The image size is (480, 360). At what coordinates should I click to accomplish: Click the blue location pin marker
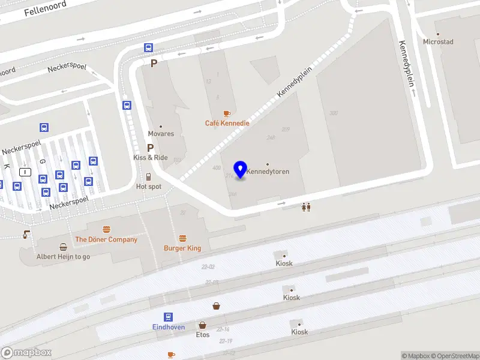(x=241, y=169)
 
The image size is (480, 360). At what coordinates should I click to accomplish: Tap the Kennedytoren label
(x=268, y=172)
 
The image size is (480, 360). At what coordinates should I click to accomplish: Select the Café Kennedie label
(x=227, y=123)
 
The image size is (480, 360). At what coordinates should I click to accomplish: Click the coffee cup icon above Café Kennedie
(x=227, y=113)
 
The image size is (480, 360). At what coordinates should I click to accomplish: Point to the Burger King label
(x=182, y=248)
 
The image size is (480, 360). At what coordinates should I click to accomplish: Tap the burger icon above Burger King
(x=182, y=238)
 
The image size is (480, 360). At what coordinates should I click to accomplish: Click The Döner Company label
(x=106, y=239)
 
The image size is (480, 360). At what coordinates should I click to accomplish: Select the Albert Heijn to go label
(x=63, y=256)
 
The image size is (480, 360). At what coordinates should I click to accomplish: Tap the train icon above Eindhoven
(x=168, y=317)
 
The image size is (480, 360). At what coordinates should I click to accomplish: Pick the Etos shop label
(x=203, y=335)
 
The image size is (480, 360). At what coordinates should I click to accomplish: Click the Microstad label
(x=438, y=42)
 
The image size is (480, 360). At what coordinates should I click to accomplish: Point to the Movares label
(x=161, y=134)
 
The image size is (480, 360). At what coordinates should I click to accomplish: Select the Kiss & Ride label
(x=151, y=157)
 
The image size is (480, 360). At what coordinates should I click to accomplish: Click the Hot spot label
(x=149, y=187)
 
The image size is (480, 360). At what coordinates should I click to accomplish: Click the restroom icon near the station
(x=306, y=207)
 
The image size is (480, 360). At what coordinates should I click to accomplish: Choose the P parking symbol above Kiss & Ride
(x=151, y=147)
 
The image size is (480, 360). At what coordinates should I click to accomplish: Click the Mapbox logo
(x=26, y=353)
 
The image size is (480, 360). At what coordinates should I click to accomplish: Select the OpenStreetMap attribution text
(x=455, y=356)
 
